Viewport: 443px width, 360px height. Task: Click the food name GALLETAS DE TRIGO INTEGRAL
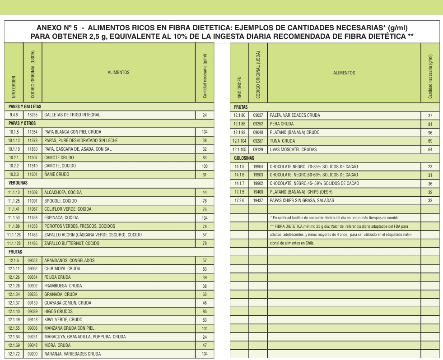click(x=72, y=115)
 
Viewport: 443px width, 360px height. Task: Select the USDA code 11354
click(x=33, y=132)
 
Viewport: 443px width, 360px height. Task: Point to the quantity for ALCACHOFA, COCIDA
click(x=205, y=193)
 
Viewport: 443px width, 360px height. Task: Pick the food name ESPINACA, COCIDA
click(x=61, y=218)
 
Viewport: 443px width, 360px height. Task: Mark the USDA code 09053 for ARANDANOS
click(x=33, y=261)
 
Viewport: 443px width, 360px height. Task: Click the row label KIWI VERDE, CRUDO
click(x=63, y=320)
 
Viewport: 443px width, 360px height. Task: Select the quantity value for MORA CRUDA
click(x=205, y=346)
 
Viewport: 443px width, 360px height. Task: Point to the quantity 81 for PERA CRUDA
click(x=430, y=124)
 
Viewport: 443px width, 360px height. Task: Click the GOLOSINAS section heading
click(x=244, y=158)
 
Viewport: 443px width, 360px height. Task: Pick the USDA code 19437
click(x=258, y=200)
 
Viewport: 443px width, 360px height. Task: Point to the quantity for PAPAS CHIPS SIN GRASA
click(x=430, y=201)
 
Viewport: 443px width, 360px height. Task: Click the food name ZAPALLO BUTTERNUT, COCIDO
click(x=72, y=244)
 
